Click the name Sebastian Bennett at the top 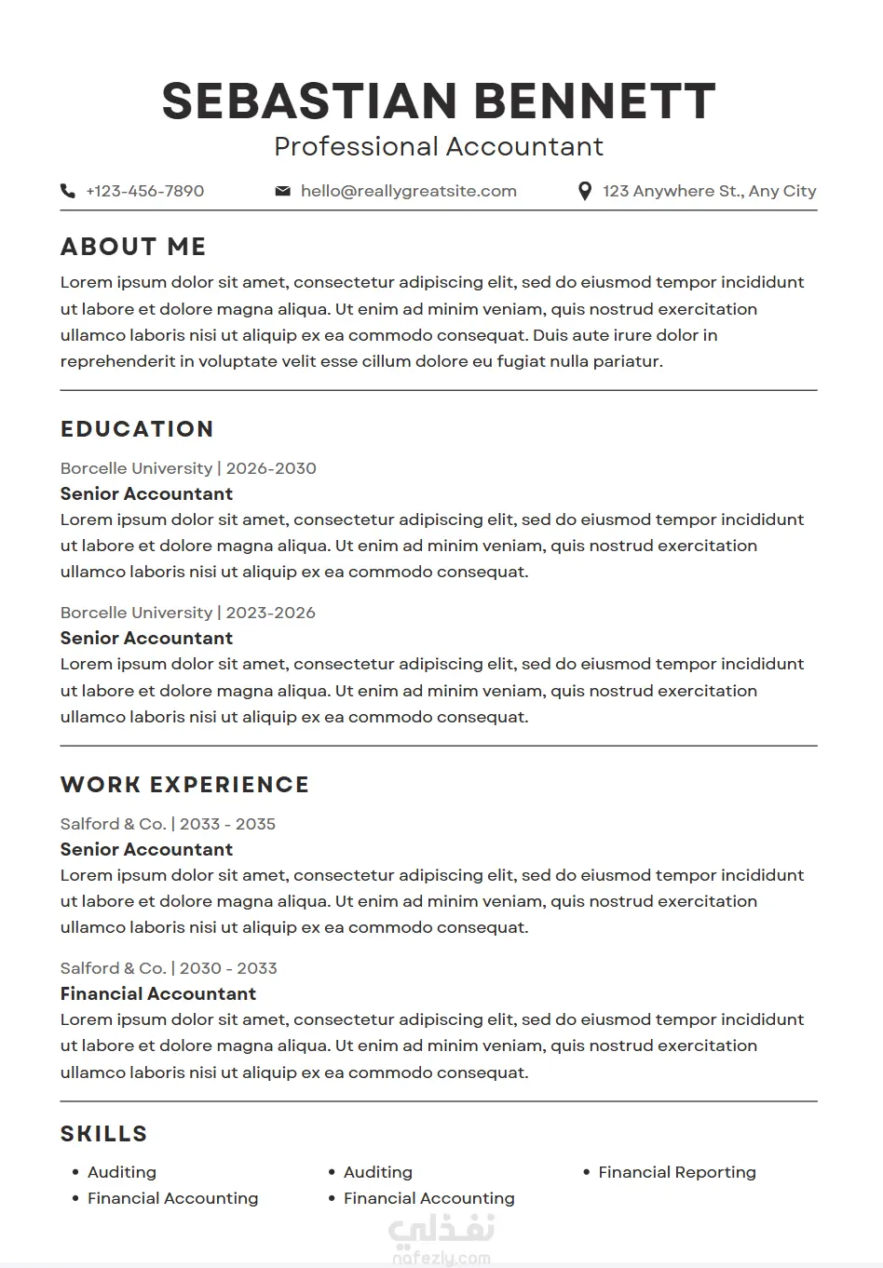click(439, 101)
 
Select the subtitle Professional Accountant click(439, 146)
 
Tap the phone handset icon click(68, 191)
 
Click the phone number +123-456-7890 click(144, 191)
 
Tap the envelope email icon click(282, 191)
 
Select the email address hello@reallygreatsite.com click(408, 191)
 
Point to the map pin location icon click(585, 191)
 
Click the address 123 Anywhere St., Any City click(709, 191)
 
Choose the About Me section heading click(133, 247)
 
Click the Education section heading click(137, 429)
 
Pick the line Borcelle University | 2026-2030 click(188, 468)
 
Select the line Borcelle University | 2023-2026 click(188, 613)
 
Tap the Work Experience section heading click(184, 785)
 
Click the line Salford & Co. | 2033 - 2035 click(168, 824)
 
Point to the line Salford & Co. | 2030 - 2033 click(169, 968)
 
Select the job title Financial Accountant click(158, 993)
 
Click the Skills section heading click(104, 1134)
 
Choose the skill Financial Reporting click(677, 1172)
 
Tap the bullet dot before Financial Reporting click(587, 1172)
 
